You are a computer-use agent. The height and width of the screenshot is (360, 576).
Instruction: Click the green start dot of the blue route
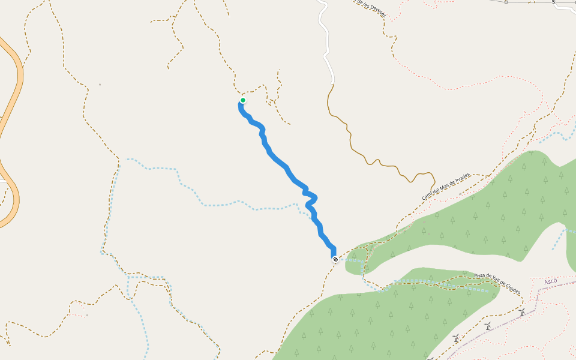coord(243,100)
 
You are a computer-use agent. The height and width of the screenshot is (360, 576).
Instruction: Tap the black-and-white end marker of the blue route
coord(335,259)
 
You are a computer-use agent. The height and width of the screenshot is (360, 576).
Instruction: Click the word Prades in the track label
coord(461,179)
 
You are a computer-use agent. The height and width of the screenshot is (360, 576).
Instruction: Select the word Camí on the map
coord(427,196)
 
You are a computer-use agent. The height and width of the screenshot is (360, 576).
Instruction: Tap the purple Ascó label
coord(550,281)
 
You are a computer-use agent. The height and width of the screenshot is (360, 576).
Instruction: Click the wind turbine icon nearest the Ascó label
coord(522,313)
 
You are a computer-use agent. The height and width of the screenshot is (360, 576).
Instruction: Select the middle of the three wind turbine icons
coord(488,326)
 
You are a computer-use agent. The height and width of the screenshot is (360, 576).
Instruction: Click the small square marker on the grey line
coord(506,2)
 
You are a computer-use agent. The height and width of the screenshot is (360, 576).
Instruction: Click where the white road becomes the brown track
coord(332,83)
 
